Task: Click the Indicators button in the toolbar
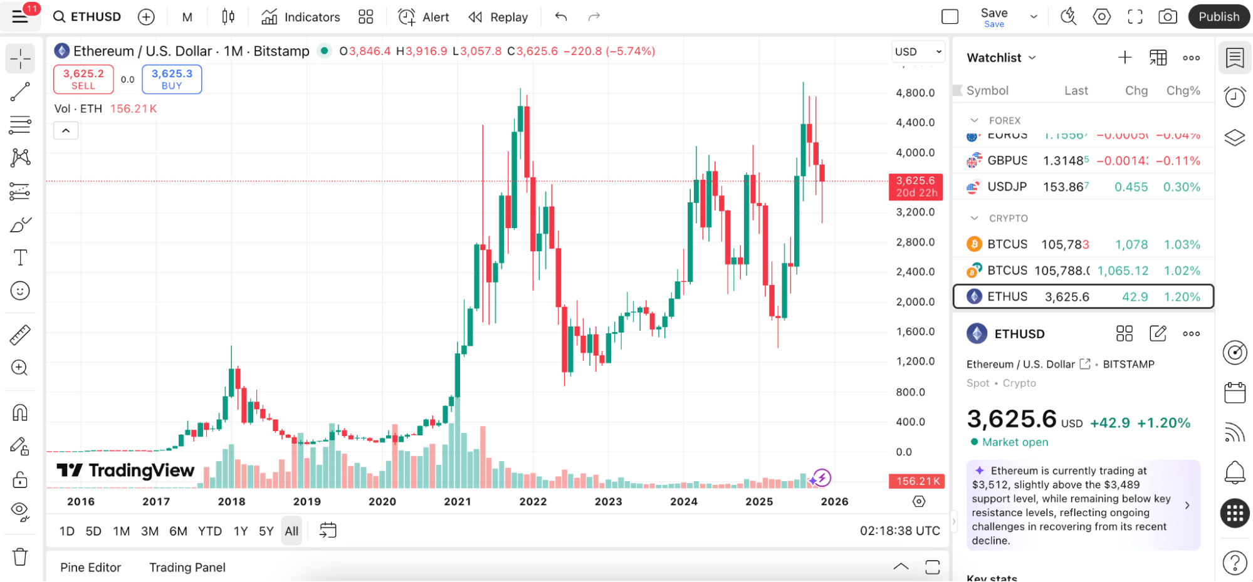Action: [301, 17]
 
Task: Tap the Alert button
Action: [424, 17]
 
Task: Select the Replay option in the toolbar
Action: [498, 17]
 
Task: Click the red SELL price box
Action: [83, 80]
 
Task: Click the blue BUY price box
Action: [172, 80]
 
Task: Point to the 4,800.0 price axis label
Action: [915, 93]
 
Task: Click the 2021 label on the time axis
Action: [458, 501]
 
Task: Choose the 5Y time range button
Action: [266, 531]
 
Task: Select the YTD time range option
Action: [210, 531]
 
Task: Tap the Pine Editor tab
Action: [91, 568]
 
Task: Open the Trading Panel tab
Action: [187, 568]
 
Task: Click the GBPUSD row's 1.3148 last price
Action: [1065, 161]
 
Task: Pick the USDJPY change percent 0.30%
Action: [1182, 187]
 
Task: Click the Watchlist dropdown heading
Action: [1001, 58]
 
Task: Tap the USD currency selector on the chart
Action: [918, 52]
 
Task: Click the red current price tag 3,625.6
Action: [916, 187]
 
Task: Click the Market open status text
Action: [1015, 442]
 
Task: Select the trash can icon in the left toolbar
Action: [20, 556]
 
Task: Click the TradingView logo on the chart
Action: [125, 470]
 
